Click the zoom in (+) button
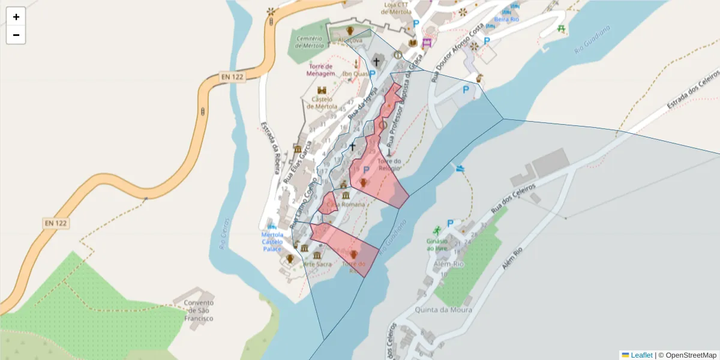pyautogui.click(x=16, y=17)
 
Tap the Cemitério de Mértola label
pyautogui.click(x=310, y=42)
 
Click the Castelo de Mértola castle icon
pyautogui.click(x=322, y=91)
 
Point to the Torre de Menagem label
pyautogui.click(x=321, y=70)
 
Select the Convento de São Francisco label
pyautogui.click(x=199, y=310)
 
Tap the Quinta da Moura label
pyautogui.click(x=443, y=310)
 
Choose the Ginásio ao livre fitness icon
pyautogui.click(x=437, y=230)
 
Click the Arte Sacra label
pyautogui.click(x=317, y=264)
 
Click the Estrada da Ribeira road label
pyautogui.click(x=269, y=148)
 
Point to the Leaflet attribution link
pyautogui.click(x=641, y=355)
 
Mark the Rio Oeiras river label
pyautogui.click(x=223, y=233)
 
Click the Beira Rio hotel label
pyautogui.click(x=506, y=19)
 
